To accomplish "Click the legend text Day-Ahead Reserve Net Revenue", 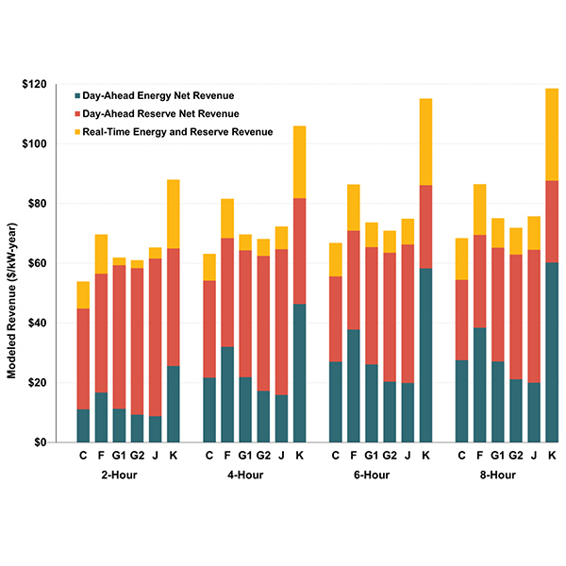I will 162,114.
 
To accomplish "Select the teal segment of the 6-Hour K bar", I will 425,355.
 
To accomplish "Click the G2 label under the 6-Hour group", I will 390,455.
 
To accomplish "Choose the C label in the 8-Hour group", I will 461,455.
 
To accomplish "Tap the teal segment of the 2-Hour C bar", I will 83,425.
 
